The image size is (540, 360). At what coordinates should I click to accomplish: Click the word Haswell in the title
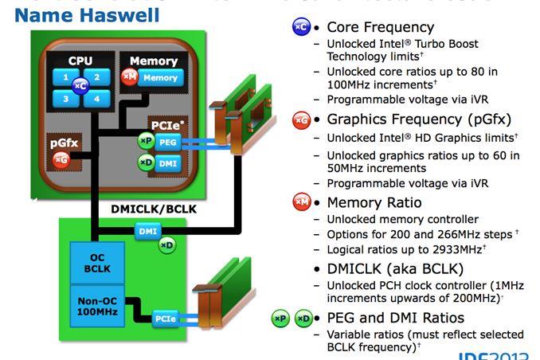click(119, 14)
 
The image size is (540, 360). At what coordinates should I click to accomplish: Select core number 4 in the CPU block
click(96, 99)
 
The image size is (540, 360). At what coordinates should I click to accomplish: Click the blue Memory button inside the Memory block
click(160, 78)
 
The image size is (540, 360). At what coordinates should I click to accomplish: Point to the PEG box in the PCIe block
click(166, 141)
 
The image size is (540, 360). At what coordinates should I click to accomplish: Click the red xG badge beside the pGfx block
click(61, 160)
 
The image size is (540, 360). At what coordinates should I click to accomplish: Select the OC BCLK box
click(96, 264)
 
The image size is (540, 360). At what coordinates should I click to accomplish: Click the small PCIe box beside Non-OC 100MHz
click(166, 319)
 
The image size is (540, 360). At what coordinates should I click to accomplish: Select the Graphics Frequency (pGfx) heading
click(419, 119)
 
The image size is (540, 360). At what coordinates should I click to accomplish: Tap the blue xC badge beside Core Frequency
click(301, 27)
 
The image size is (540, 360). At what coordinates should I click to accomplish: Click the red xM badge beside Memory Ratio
click(301, 202)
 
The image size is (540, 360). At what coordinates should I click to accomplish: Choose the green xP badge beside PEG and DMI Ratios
click(280, 319)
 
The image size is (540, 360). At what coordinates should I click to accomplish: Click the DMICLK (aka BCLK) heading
click(395, 268)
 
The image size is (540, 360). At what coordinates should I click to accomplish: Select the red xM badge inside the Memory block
click(129, 77)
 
